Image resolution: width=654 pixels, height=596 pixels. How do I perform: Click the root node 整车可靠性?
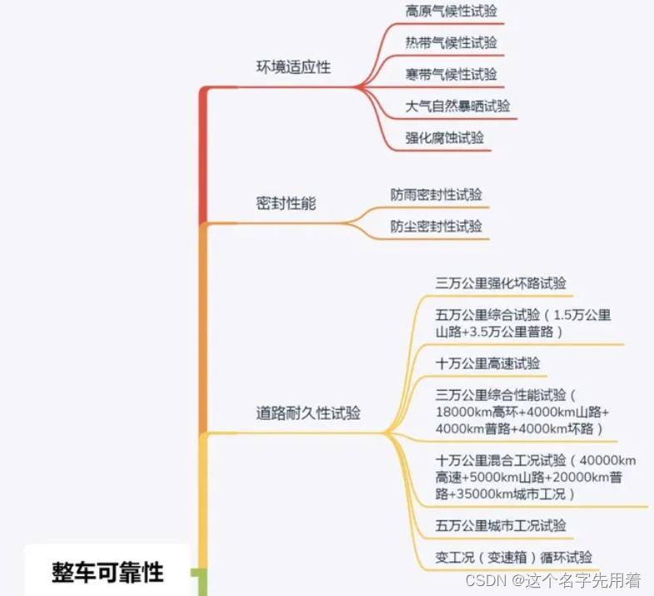click(x=108, y=572)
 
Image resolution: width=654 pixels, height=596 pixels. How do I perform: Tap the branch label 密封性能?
click(x=285, y=204)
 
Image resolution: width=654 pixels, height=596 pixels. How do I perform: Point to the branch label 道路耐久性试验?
click(x=308, y=413)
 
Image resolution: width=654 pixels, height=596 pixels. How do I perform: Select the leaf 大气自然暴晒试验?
click(x=458, y=106)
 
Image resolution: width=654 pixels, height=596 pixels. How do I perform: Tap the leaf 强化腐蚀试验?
click(x=444, y=138)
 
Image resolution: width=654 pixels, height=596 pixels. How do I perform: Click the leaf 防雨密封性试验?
click(x=436, y=195)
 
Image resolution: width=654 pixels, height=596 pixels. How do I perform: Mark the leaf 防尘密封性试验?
click(x=436, y=226)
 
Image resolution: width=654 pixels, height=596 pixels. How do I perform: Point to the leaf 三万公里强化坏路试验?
click(x=501, y=283)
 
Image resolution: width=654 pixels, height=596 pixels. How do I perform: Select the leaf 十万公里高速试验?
click(x=488, y=363)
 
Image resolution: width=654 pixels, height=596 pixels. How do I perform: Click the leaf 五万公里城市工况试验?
click(x=501, y=525)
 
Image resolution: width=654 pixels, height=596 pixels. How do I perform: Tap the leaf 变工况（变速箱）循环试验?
click(x=514, y=557)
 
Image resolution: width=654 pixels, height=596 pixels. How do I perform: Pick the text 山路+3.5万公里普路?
click(x=499, y=332)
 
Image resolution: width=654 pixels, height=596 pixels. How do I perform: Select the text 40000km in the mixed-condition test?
click(x=608, y=461)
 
